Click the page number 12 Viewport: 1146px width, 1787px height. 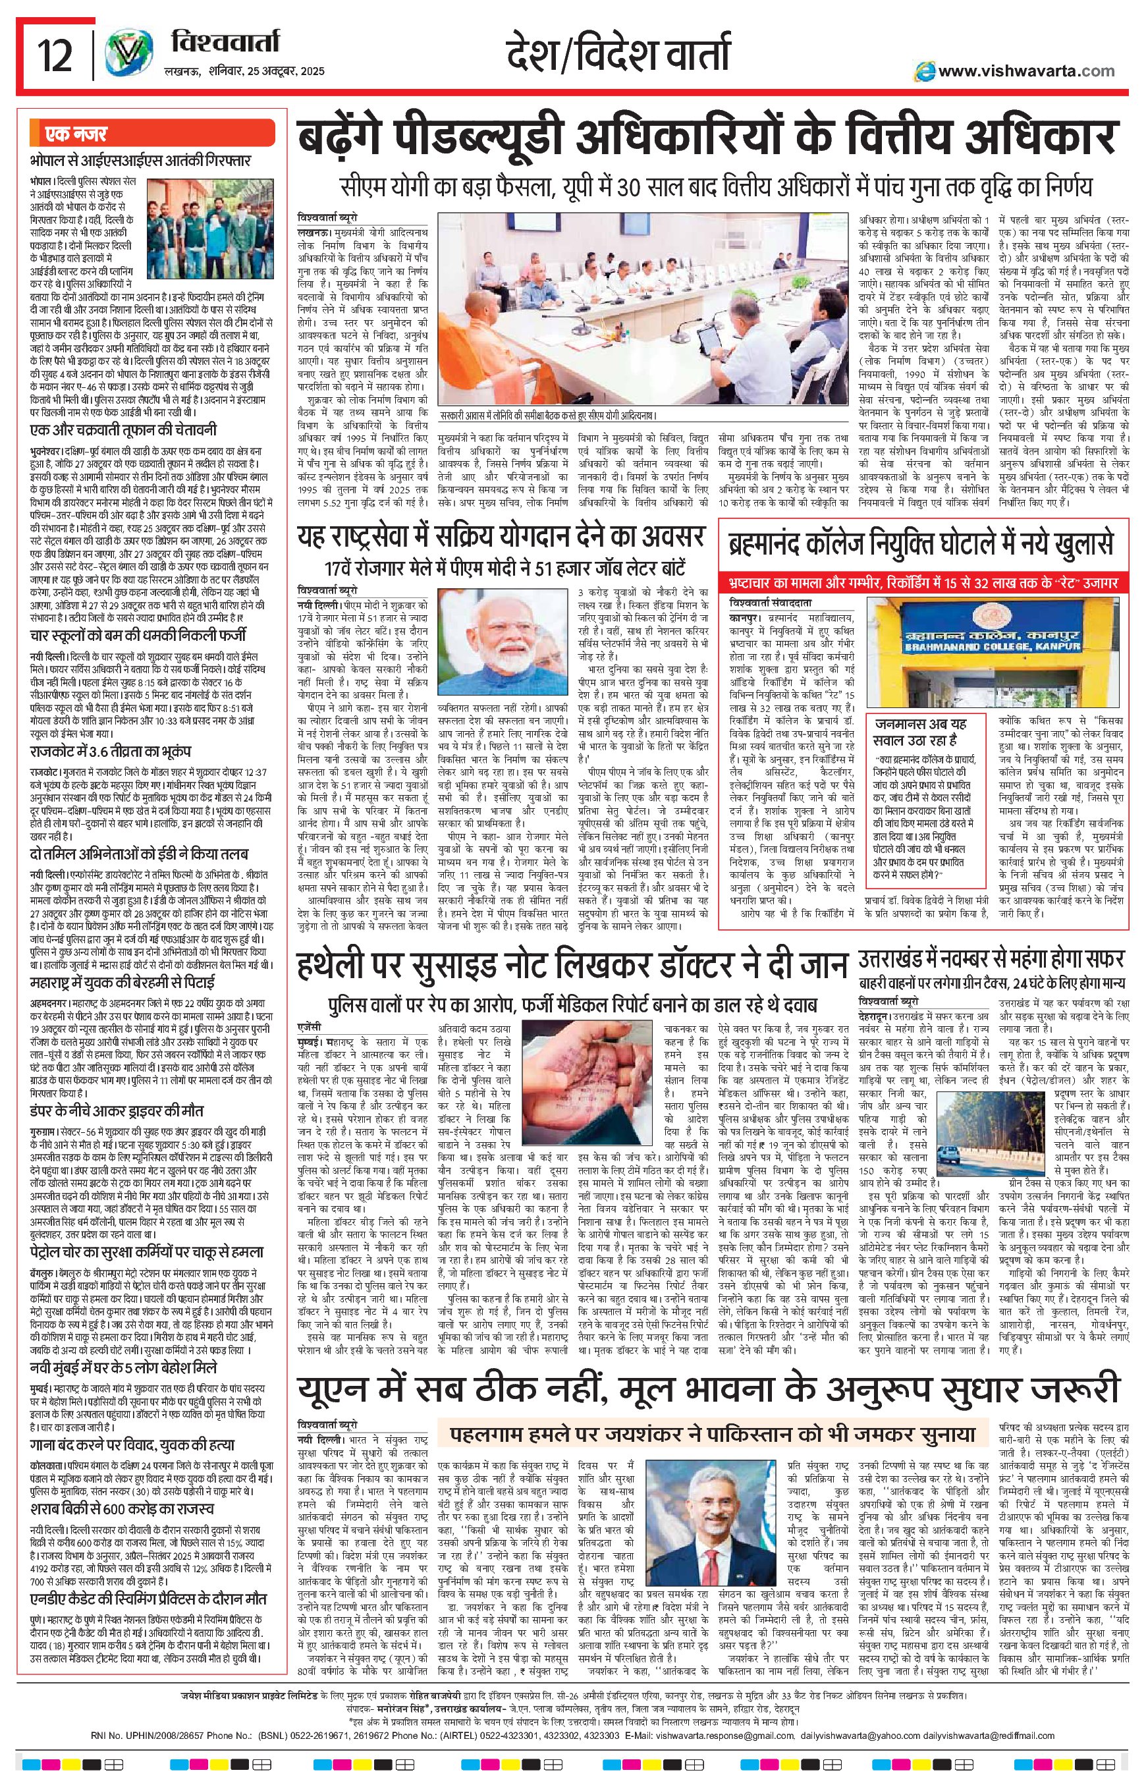click(55, 57)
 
